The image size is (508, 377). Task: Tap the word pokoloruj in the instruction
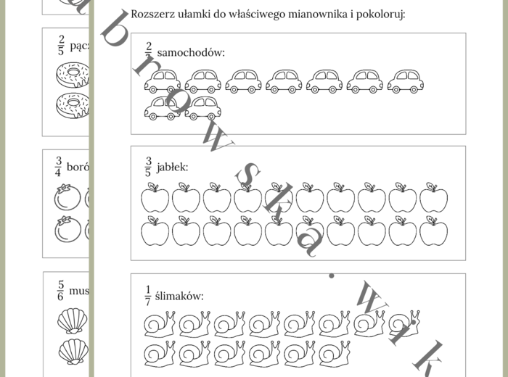click(380, 14)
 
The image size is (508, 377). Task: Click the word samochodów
click(191, 53)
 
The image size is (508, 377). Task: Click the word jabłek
click(172, 167)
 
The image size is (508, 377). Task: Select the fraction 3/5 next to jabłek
click(149, 167)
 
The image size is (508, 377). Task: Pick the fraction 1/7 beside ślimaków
click(149, 295)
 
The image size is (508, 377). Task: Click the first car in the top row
click(162, 81)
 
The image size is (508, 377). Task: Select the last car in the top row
click(405, 81)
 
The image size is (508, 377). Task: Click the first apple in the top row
click(155, 198)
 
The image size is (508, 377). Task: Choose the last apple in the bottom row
click(433, 231)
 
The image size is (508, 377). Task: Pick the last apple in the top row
click(433, 198)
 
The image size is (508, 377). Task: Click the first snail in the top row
click(159, 325)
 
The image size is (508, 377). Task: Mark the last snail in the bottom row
click(335, 352)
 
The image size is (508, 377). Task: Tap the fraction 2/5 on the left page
click(61, 46)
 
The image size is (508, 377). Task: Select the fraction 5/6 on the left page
click(61, 291)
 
